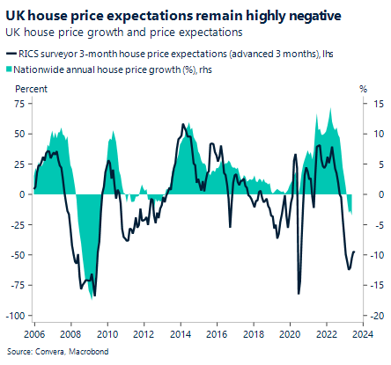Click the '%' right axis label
click(362, 89)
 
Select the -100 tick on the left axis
click(15, 316)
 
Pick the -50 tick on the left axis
click(17, 255)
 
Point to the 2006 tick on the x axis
click(33, 334)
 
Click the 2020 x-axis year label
click(289, 334)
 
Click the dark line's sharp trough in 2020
click(298, 293)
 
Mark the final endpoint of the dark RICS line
click(354, 252)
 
